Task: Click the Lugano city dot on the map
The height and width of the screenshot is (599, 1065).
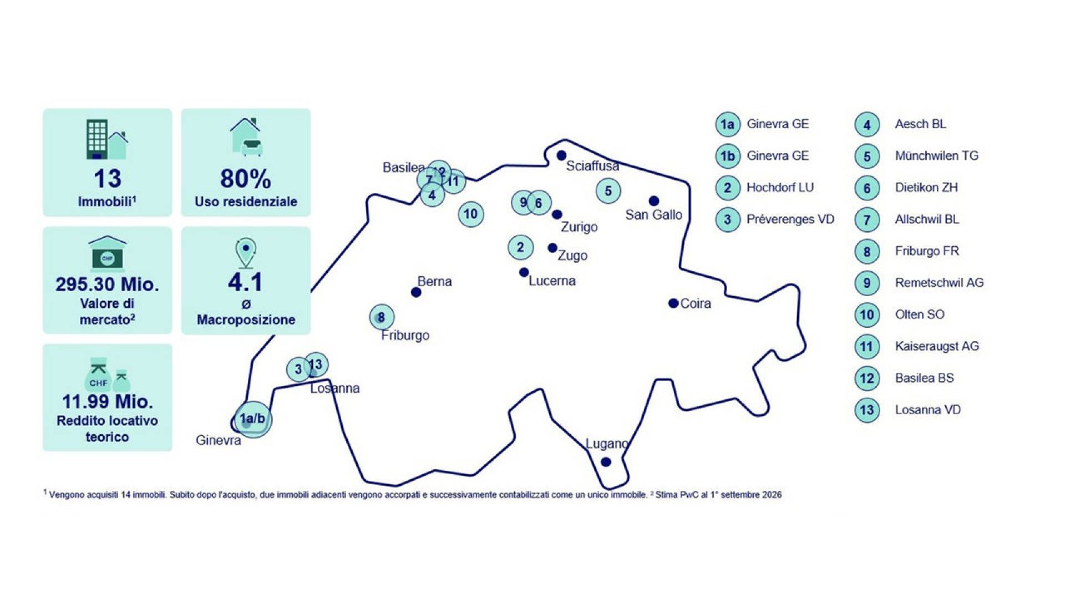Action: pos(606,462)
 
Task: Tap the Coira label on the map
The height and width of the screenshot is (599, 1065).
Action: pos(696,303)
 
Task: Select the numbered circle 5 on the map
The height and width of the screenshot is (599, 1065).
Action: pos(608,191)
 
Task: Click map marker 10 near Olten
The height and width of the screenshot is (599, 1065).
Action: pos(471,214)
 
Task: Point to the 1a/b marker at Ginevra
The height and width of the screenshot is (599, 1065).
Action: pos(253,419)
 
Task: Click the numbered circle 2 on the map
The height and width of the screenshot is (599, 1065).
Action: pos(520,247)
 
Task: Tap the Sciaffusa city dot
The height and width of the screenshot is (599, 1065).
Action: pos(561,155)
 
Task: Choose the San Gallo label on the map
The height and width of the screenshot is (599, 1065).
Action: pos(653,215)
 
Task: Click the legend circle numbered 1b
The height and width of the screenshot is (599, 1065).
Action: pos(728,156)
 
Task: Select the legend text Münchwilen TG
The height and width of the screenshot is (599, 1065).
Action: pos(936,156)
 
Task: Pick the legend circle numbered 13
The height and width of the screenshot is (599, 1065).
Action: pos(867,410)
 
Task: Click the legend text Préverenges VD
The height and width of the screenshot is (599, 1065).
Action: pos(790,219)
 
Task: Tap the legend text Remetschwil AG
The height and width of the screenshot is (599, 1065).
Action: pos(939,283)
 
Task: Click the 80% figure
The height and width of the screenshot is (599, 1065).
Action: pos(246,179)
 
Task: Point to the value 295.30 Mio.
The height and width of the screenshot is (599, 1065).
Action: pos(107,285)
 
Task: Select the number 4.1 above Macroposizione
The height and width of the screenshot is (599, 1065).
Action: pos(245,282)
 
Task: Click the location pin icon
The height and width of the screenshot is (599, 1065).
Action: pos(246,253)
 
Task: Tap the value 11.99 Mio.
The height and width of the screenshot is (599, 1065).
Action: pos(107,402)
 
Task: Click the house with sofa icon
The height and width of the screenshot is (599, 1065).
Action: pos(246,136)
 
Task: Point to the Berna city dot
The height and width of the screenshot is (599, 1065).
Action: pos(416,292)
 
